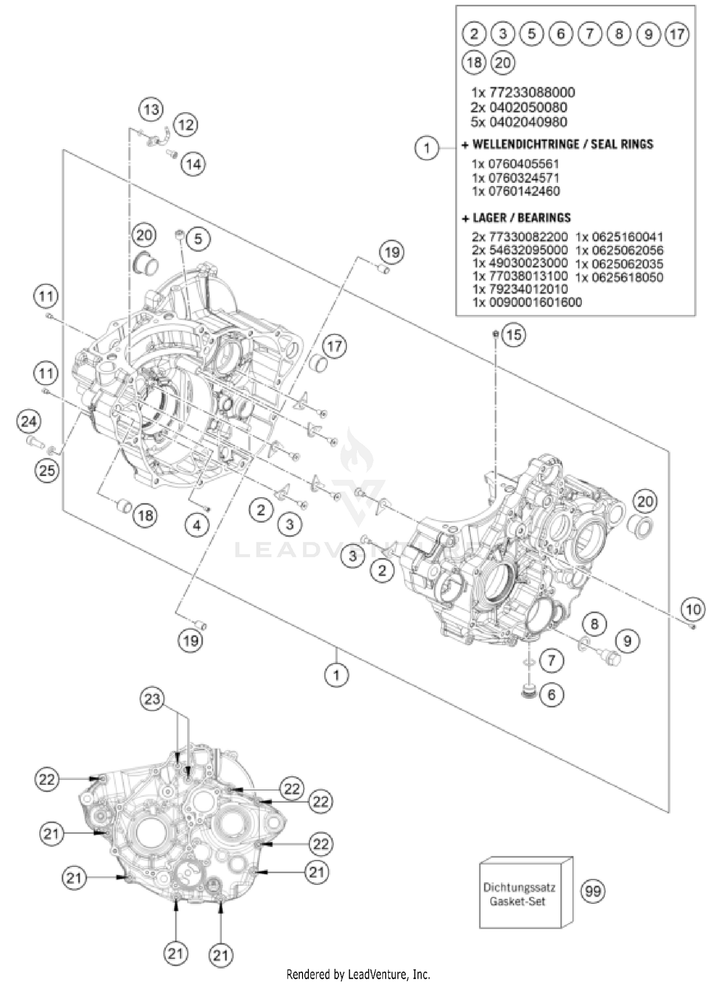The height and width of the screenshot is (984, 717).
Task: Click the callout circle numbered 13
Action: coord(151,110)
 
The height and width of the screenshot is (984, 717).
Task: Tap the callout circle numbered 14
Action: coord(194,164)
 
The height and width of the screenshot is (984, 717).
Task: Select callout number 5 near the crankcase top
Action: coord(198,238)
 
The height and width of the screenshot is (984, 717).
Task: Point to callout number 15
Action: coord(513,335)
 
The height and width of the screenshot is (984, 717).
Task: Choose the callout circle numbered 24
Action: coord(29,421)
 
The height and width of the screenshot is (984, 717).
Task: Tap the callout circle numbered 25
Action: coord(46,471)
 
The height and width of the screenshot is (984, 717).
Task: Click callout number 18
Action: coord(145,515)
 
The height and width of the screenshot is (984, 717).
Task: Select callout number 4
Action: coord(197,525)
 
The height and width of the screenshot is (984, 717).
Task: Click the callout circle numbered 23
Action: coord(152,699)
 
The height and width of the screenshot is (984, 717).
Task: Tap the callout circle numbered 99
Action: coord(593,891)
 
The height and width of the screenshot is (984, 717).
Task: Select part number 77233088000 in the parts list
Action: coord(522,92)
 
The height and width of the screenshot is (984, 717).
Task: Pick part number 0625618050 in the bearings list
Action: coord(619,277)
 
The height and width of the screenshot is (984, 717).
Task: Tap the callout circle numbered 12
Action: coord(185,125)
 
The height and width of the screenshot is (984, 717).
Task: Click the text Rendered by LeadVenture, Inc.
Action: coord(358,974)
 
